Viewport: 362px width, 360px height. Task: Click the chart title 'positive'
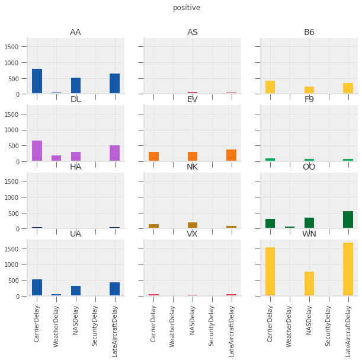[x=187, y=8]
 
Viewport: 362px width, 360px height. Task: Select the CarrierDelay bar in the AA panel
[x=37, y=81]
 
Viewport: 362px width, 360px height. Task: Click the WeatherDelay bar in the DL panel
[x=56, y=158]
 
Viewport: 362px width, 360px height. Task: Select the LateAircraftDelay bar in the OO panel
[x=348, y=219]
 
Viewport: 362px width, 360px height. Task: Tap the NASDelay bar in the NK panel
[x=193, y=225]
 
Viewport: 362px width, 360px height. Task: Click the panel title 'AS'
[x=193, y=32]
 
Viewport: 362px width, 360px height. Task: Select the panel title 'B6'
[x=309, y=32]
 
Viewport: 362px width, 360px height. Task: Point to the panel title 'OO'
[x=309, y=167]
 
